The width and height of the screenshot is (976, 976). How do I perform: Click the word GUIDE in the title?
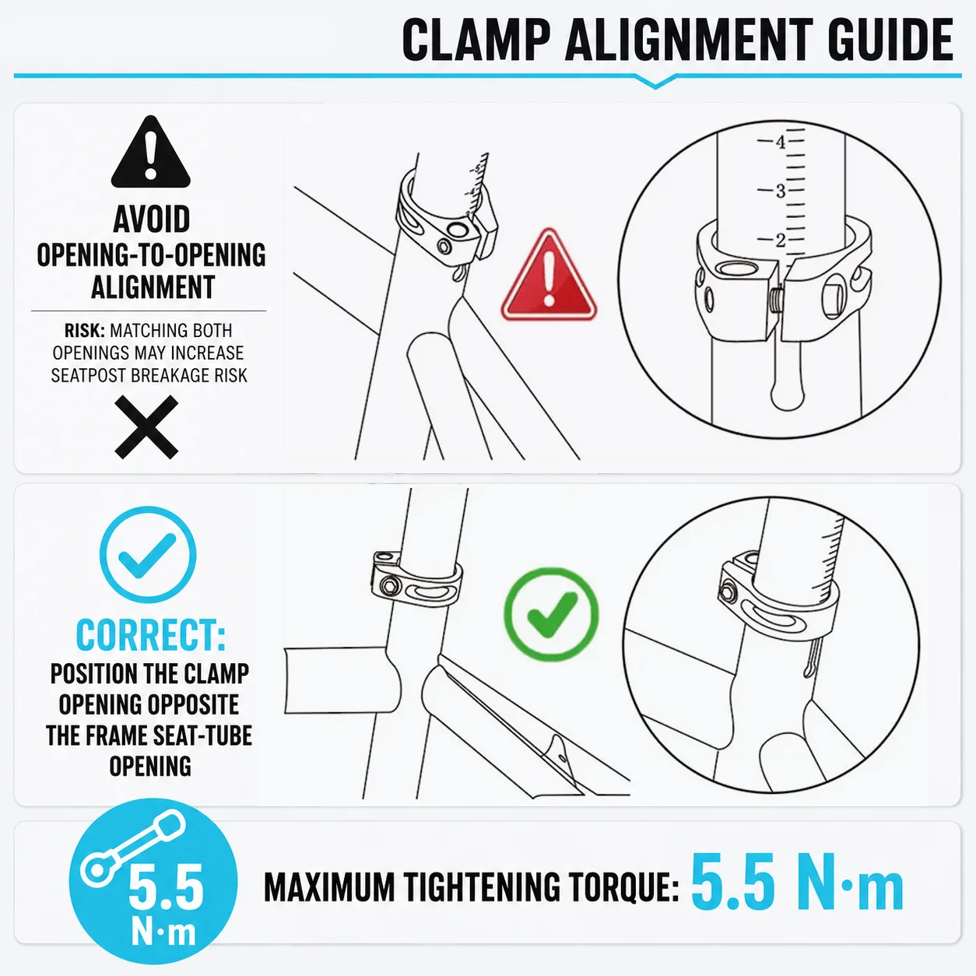tap(891, 40)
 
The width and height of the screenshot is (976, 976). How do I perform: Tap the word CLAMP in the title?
tap(476, 40)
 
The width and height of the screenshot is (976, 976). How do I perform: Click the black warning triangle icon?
tap(150, 152)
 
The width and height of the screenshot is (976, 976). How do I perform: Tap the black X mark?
tap(146, 427)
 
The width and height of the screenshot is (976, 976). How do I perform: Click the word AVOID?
tap(151, 219)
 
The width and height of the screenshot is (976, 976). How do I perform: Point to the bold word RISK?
tap(85, 331)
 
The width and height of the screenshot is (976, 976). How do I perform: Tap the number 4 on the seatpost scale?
tap(781, 142)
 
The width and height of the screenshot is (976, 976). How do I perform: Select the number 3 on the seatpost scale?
tap(781, 191)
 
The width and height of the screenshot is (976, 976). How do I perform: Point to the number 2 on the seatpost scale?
tap(781, 240)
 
